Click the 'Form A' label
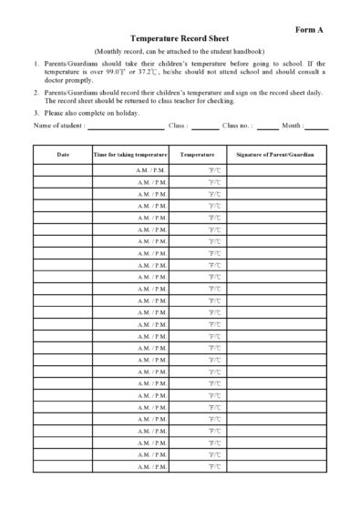[310, 30]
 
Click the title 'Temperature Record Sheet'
[180, 41]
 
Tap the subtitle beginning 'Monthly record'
[180, 53]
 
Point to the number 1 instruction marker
[36, 66]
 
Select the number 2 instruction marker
[36, 93]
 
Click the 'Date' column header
[63, 156]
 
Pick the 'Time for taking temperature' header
[130, 156]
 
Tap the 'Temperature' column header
[197, 156]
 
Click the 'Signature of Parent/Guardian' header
[275, 156]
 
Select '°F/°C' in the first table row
[213, 170]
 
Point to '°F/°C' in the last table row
[213, 466]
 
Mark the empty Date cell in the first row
[63, 170]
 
